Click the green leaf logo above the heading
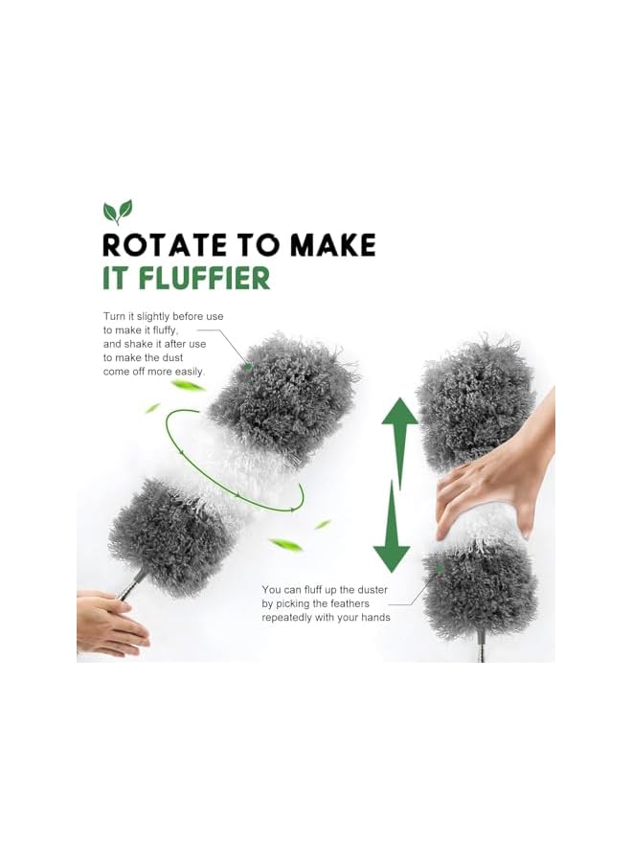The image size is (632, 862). tap(118, 212)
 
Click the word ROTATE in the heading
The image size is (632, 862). tap(159, 244)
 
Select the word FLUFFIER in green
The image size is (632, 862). tap(206, 278)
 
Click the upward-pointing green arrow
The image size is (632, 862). tap(400, 428)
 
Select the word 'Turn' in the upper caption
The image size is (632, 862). tap(115, 316)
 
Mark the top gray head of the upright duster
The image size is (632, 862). tap(476, 402)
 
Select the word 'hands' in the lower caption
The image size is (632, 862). tap(373, 618)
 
